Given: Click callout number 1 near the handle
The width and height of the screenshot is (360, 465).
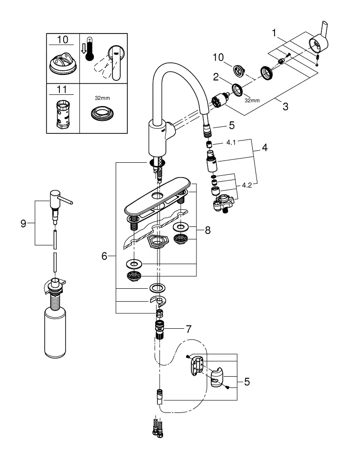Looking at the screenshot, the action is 275,33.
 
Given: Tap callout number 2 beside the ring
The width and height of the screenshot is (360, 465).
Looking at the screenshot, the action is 216,77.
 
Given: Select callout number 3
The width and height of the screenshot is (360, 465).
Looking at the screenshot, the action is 285,106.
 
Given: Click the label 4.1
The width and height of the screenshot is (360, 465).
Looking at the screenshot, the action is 231,142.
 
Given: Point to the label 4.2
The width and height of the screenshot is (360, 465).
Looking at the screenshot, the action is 247,185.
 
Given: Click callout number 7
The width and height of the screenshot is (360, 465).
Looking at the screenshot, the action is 189,329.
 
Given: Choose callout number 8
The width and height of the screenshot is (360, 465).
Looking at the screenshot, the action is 208,230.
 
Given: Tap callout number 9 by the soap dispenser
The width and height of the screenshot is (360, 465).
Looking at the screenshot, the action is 23,223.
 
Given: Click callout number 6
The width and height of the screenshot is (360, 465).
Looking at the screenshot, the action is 104,256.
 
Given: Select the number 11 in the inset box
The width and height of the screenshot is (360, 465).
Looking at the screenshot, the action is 62,89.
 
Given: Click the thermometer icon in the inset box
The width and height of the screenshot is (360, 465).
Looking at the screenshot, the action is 89,49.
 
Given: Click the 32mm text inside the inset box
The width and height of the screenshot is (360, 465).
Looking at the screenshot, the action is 102,98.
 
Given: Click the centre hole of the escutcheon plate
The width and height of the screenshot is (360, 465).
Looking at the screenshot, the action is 157,195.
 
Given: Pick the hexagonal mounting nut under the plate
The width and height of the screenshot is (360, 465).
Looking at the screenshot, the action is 157,242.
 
